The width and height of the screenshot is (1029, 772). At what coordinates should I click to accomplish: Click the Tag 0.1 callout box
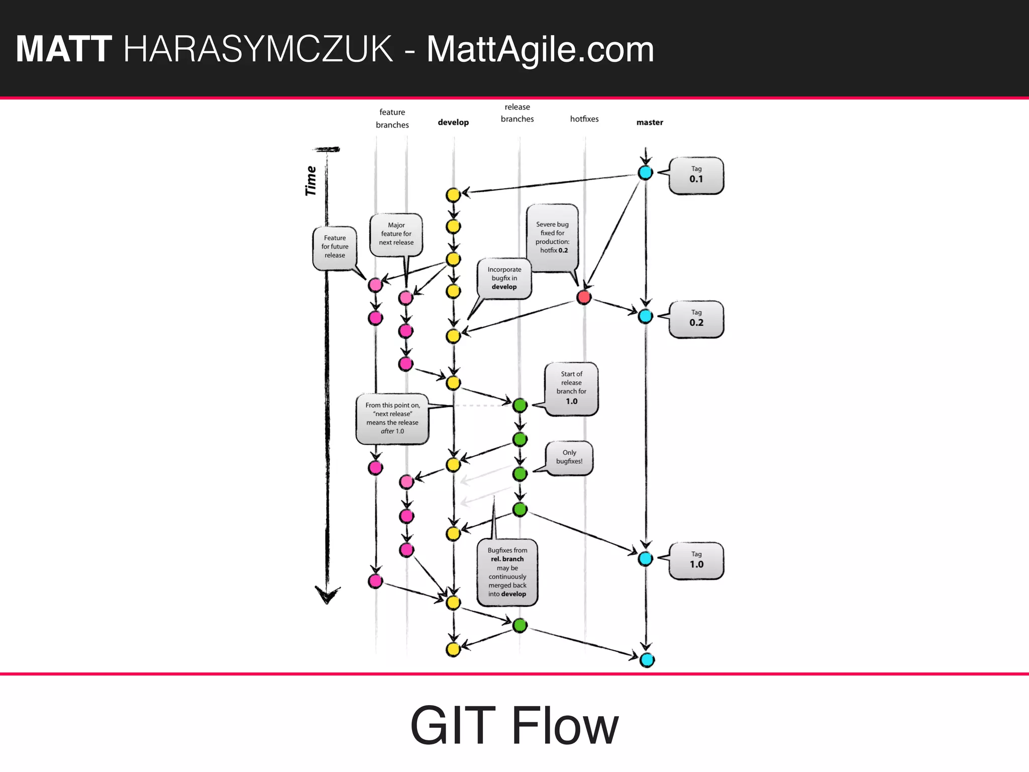pyautogui.click(x=696, y=175)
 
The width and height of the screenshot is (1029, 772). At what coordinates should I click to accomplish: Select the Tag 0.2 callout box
pyautogui.click(x=696, y=319)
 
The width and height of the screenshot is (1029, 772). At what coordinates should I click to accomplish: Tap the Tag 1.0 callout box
pyautogui.click(x=696, y=560)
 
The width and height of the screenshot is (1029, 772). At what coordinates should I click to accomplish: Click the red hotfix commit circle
pyautogui.click(x=584, y=297)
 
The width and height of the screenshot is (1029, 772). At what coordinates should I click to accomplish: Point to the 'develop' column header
pyautogui.click(x=453, y=122)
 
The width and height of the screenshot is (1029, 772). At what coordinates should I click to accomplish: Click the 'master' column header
pyautogui.click(x=649, y=122)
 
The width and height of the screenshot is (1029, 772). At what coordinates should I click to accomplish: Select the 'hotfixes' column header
pyautogui.click(x=584, y=119)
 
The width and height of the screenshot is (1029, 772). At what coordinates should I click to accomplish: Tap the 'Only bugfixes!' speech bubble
pyautogui.click(x=569, y=457)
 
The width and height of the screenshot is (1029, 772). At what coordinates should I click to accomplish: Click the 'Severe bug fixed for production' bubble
pyautogui.click(x=552, y=238)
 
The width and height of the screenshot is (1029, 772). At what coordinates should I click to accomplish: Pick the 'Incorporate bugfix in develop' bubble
pyautogui.click(x=504, y=278)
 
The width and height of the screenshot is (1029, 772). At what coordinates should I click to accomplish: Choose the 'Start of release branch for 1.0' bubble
pyautogui.click(x=571, y=389)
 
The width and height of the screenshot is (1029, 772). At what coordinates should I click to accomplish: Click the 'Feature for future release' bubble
pyautogui.click(x=335, y=247)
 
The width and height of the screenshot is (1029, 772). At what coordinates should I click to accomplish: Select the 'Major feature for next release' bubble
pyautogui.click(x=396, y=234)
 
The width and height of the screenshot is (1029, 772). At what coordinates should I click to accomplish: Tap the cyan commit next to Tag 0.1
pyautogui.click(x=645, y=172)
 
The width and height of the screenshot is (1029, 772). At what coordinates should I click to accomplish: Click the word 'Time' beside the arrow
pyautogui.click(x=311, y=181)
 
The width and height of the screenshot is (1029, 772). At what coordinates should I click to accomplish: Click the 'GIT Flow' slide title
pyautogui.click(x=514, y=725)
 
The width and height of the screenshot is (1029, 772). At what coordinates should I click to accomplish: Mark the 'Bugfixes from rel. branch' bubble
pyautogui.click(x=507, y=572)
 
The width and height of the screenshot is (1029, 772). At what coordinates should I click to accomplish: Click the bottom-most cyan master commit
pyautogui.click(x=647, y=660)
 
